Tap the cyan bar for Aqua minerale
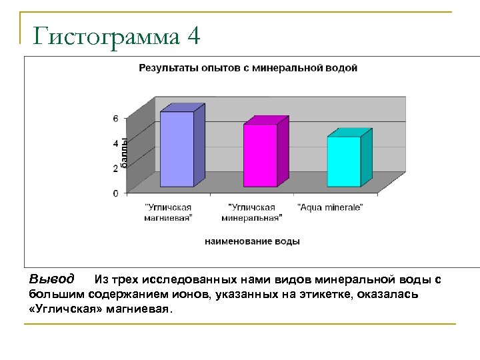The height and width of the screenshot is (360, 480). [344, 161]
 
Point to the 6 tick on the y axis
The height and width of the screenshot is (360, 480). [115, 119]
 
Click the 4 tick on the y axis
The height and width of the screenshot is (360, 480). [115, 143]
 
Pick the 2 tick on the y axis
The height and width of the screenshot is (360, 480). [115, 168]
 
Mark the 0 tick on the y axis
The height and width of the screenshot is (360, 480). [115, 193]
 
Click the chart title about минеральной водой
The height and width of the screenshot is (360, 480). [247, 68]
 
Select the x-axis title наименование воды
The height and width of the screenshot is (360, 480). [252, 241]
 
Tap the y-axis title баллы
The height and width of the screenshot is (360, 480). [124, 151]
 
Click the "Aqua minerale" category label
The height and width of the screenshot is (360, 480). [330, 207]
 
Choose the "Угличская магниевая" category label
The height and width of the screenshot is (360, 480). [169, 212]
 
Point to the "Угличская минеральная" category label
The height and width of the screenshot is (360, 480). [255, 212]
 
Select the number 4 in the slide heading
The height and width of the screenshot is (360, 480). [193, 36]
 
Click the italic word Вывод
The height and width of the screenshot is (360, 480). [52, 278]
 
